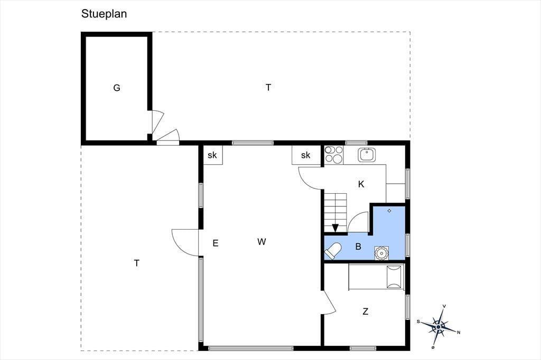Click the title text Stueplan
(104, 14)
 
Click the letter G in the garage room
(117, 88)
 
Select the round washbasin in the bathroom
(381, 253)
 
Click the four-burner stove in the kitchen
(334, 155)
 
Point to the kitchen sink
(367, 155)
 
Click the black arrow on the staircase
(335, 228)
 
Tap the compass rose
(439, 327)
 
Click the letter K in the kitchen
(361, 184)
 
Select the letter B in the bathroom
(358, 247)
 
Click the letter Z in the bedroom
(366, 311)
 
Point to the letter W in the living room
(262, 242)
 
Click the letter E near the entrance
(216, 243)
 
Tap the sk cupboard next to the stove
(306, 155)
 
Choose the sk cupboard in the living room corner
(212, 155)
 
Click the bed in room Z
(376, 276)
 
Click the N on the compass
(459, 333)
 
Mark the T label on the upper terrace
(268, 88)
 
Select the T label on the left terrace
(137, 263)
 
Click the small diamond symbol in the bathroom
(389, 211)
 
